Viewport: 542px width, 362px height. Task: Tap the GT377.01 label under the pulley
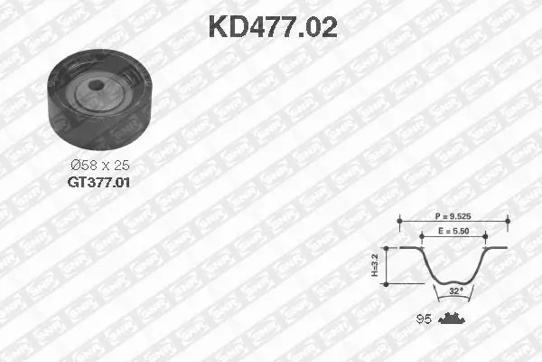coord(99,181)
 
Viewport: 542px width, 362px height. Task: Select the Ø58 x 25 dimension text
coord(99,166)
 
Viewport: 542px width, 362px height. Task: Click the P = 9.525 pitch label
coord(453,217)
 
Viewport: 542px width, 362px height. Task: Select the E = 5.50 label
coord(453,233)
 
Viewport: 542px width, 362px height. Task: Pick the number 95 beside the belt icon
coord(422,319)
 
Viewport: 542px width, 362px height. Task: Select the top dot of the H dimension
coord(387,248)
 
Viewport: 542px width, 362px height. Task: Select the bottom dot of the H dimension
coord(387,284)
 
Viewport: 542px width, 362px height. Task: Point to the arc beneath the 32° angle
coord(453,298)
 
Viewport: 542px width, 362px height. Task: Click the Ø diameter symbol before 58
coord(75,166)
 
